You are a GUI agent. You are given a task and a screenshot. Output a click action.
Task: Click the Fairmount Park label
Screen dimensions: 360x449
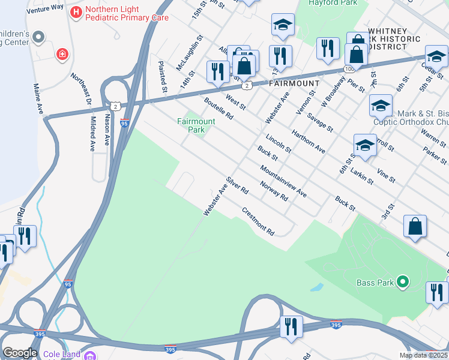[x=196, y=125]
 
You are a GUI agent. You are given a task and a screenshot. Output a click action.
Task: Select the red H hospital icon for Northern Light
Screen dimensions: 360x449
[x=76, y=11]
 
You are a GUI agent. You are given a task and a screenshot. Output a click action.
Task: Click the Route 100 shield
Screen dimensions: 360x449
[x=349, y=70]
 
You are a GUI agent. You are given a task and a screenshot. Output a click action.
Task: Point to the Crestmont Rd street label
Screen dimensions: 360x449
[x=258, y=221]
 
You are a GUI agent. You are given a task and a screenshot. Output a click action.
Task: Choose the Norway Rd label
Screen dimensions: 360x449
[x=274, y=191]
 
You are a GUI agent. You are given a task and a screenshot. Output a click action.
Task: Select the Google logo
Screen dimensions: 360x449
[x=20, y=353]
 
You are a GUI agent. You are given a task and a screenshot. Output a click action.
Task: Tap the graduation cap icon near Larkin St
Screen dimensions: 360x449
[x=365, y=145]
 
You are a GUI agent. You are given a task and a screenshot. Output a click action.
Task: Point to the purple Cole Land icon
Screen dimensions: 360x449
[x=91, y=355]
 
